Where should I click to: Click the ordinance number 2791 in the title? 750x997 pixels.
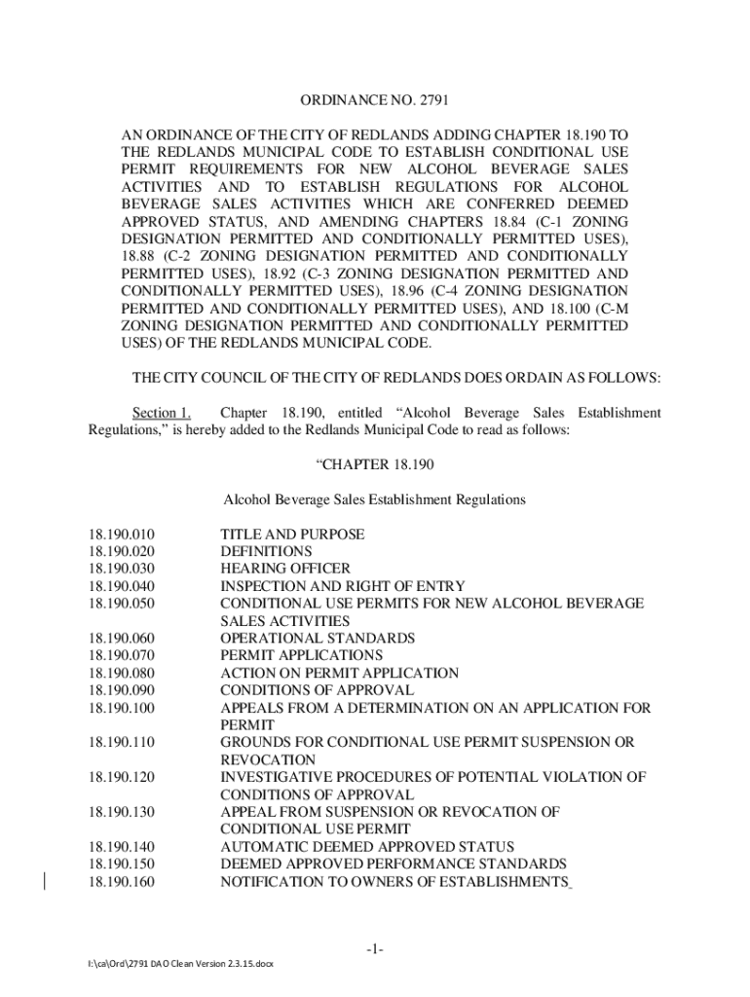coord(431,100)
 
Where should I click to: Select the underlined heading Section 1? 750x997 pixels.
coord(162,414)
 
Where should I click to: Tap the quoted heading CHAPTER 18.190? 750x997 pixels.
coord(374,464)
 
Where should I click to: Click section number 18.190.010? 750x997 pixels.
coord(122,535)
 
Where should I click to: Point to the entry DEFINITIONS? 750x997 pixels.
coord(266,551)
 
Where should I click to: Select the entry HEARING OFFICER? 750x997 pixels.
coord(285,569)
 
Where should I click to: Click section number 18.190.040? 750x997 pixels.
coord(122,586)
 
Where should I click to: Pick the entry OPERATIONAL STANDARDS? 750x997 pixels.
coord(318,638)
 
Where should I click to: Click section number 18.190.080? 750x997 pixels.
coord(122,673)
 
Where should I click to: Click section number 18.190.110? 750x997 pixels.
coord(122,742)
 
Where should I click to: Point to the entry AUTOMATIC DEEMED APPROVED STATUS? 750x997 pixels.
coord(367,847)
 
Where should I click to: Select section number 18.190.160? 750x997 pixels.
coord(122,882)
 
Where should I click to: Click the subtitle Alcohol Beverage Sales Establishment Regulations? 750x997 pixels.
coord(374,499)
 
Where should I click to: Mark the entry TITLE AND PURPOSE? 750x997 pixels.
coord(292,535)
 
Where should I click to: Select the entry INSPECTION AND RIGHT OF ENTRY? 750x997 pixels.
coord(343,586)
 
